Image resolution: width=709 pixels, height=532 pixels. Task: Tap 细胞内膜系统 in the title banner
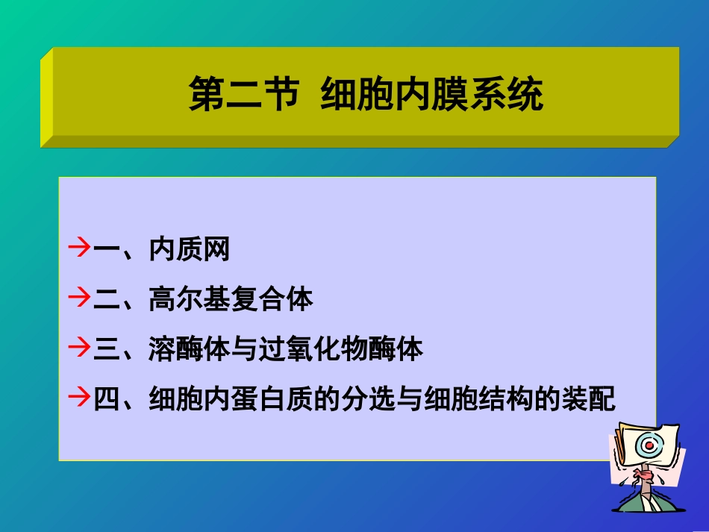click(x=432, y=96)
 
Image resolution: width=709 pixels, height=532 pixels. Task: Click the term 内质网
click(x=189, y=249)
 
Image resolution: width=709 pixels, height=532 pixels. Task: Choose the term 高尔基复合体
click(x=231, y=299)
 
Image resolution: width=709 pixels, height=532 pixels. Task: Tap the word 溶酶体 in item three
click(x=189, y=349)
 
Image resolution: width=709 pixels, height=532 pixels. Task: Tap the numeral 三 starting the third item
click(x=107, y=349)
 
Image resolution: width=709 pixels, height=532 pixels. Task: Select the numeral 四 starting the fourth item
click(x=107, y=398)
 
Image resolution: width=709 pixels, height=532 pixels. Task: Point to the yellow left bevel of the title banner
click(x=46, y=97)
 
